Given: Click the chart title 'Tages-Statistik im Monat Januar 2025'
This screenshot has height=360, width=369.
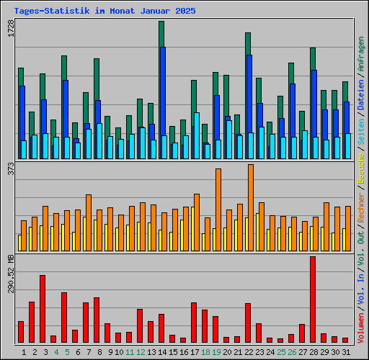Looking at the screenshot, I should (x=105, y=12).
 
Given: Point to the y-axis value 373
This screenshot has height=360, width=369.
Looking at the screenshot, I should (x=10, y=169).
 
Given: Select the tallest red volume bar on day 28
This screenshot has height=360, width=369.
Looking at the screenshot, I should (x=313, y=299).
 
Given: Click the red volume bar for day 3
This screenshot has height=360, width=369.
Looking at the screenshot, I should (x=43, y=308).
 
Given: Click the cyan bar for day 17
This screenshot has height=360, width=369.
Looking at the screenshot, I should (x=197, y=135).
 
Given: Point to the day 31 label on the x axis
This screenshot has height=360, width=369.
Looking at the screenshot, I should (x=346, y=352).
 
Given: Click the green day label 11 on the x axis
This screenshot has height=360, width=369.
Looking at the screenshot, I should (x=130, y=352).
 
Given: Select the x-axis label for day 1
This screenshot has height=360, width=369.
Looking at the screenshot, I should (x=25, y=352).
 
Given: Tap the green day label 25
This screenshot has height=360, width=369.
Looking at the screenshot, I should (x=281, y=352).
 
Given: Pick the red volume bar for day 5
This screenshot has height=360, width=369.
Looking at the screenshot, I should (x=64, y=317).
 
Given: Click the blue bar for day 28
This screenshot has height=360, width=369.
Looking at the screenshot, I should (x=314, y=114).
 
